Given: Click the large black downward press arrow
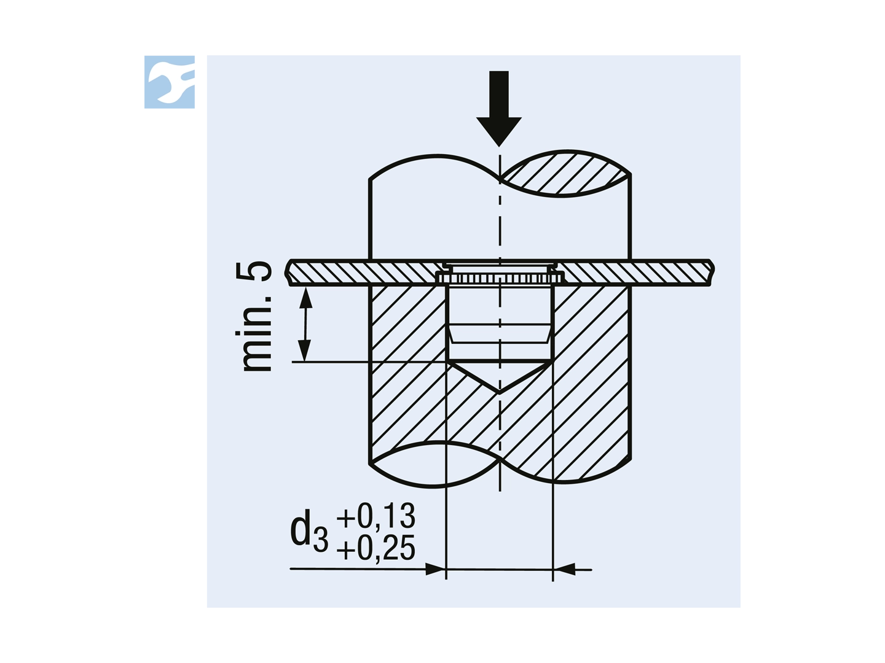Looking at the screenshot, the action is [x=499, y=109].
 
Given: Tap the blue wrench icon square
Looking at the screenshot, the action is [x=170, y=82].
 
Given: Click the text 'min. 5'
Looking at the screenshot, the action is [x=254, y=316].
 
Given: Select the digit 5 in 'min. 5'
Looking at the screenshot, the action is [x=254, y=271].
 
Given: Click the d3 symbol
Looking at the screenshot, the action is [x=309, y=530].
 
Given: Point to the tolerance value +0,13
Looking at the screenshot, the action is [x=376, y=516].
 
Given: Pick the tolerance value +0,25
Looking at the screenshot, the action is [x=376, y=548].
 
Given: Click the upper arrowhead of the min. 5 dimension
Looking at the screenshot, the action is [x=306, y=298].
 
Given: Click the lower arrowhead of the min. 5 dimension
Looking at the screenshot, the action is [x=304, y=351].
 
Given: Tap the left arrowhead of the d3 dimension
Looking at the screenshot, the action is [x=436, y=569].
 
